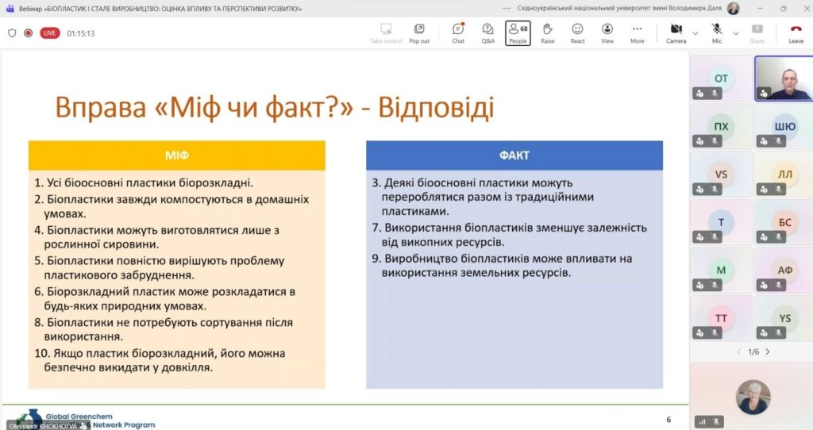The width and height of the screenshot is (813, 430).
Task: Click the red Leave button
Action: click(796, 33)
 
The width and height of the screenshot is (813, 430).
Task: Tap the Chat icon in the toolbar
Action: click(458, 33)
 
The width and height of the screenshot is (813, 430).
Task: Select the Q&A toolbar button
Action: click(488, 33)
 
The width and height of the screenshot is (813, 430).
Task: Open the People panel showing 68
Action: click(518, 33)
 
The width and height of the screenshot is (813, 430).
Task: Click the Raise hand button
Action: click(548, 33)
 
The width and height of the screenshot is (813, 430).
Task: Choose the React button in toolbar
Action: click(577, 33)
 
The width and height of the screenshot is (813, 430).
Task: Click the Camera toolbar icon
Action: click(676, 33)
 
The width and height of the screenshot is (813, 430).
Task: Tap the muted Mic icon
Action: click(717, 33)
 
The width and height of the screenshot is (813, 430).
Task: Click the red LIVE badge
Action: click(50, 33)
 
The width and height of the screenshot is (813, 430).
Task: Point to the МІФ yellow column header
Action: click(176, 155)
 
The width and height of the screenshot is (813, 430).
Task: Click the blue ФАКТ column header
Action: click(514, 155)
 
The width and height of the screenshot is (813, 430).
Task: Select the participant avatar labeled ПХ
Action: click(721, 126)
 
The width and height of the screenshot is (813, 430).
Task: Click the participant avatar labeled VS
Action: click(721, 175)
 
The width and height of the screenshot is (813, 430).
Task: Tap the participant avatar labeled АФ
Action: click(784, 271)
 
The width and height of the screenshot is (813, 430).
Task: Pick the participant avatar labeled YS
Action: click(784, 318)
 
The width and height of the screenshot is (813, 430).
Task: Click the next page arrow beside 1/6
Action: click(767, 351)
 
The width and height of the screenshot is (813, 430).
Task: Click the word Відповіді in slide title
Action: click(435, 107)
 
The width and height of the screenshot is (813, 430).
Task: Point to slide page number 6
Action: click(669, 419)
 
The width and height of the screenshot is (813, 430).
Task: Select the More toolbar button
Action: click(637, 33)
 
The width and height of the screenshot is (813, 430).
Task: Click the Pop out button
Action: click(419, 33)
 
